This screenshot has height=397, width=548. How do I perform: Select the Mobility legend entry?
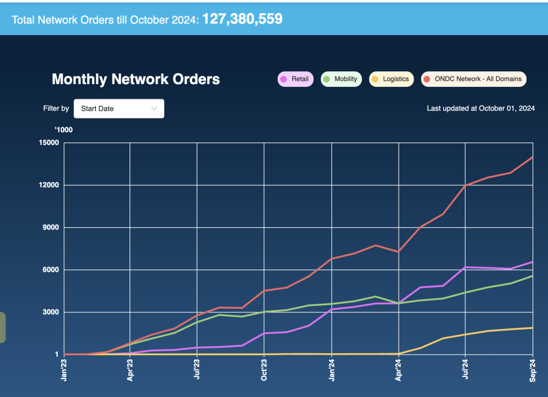340,79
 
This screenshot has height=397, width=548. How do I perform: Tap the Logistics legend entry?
391,79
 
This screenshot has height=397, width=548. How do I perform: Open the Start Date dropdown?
119,109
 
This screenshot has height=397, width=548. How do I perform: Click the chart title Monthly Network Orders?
136,80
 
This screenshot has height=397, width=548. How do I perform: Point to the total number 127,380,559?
242,19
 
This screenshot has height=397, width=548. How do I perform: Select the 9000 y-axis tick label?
51,227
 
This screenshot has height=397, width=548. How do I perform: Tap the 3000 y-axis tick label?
51,312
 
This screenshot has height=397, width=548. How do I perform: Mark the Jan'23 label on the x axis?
64,370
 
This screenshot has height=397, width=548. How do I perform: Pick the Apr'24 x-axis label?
399,370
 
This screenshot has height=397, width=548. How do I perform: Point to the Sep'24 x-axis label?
533,370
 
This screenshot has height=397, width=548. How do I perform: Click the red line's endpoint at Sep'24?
532,158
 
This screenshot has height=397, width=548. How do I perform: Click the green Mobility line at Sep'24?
532,276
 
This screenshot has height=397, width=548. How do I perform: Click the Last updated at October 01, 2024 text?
481,108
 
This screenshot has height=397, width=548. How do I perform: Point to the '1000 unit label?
64,130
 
